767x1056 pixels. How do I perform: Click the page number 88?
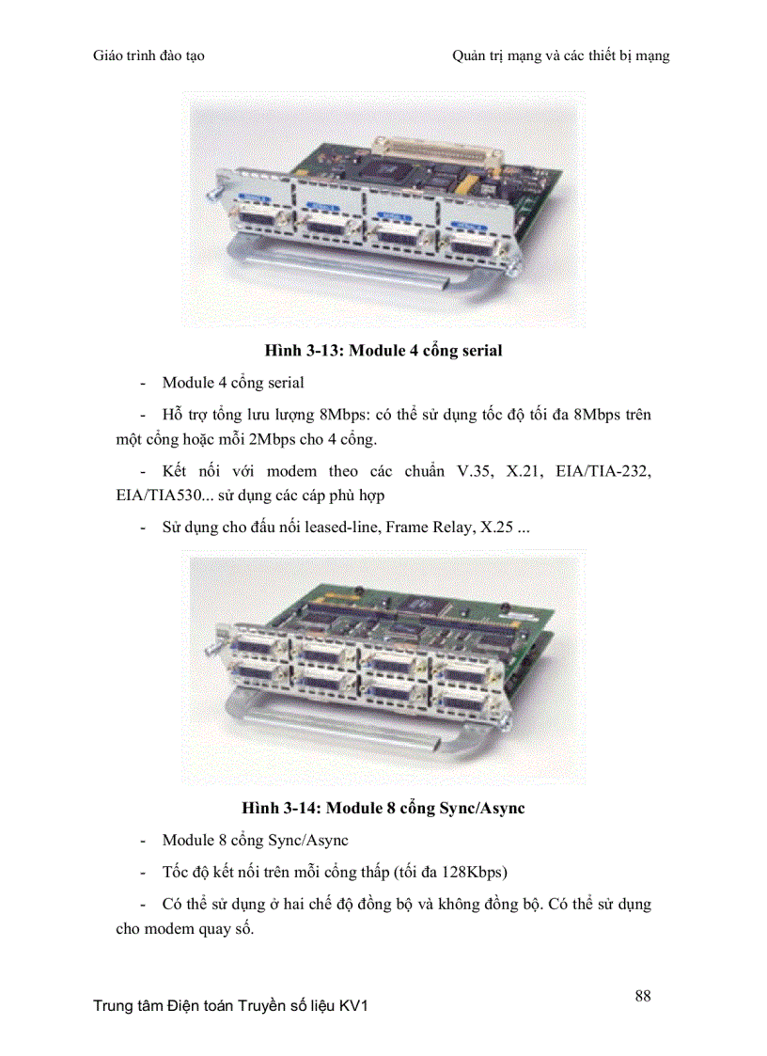tap(643, 996)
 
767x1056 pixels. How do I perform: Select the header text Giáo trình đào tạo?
tap(149, 56)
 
